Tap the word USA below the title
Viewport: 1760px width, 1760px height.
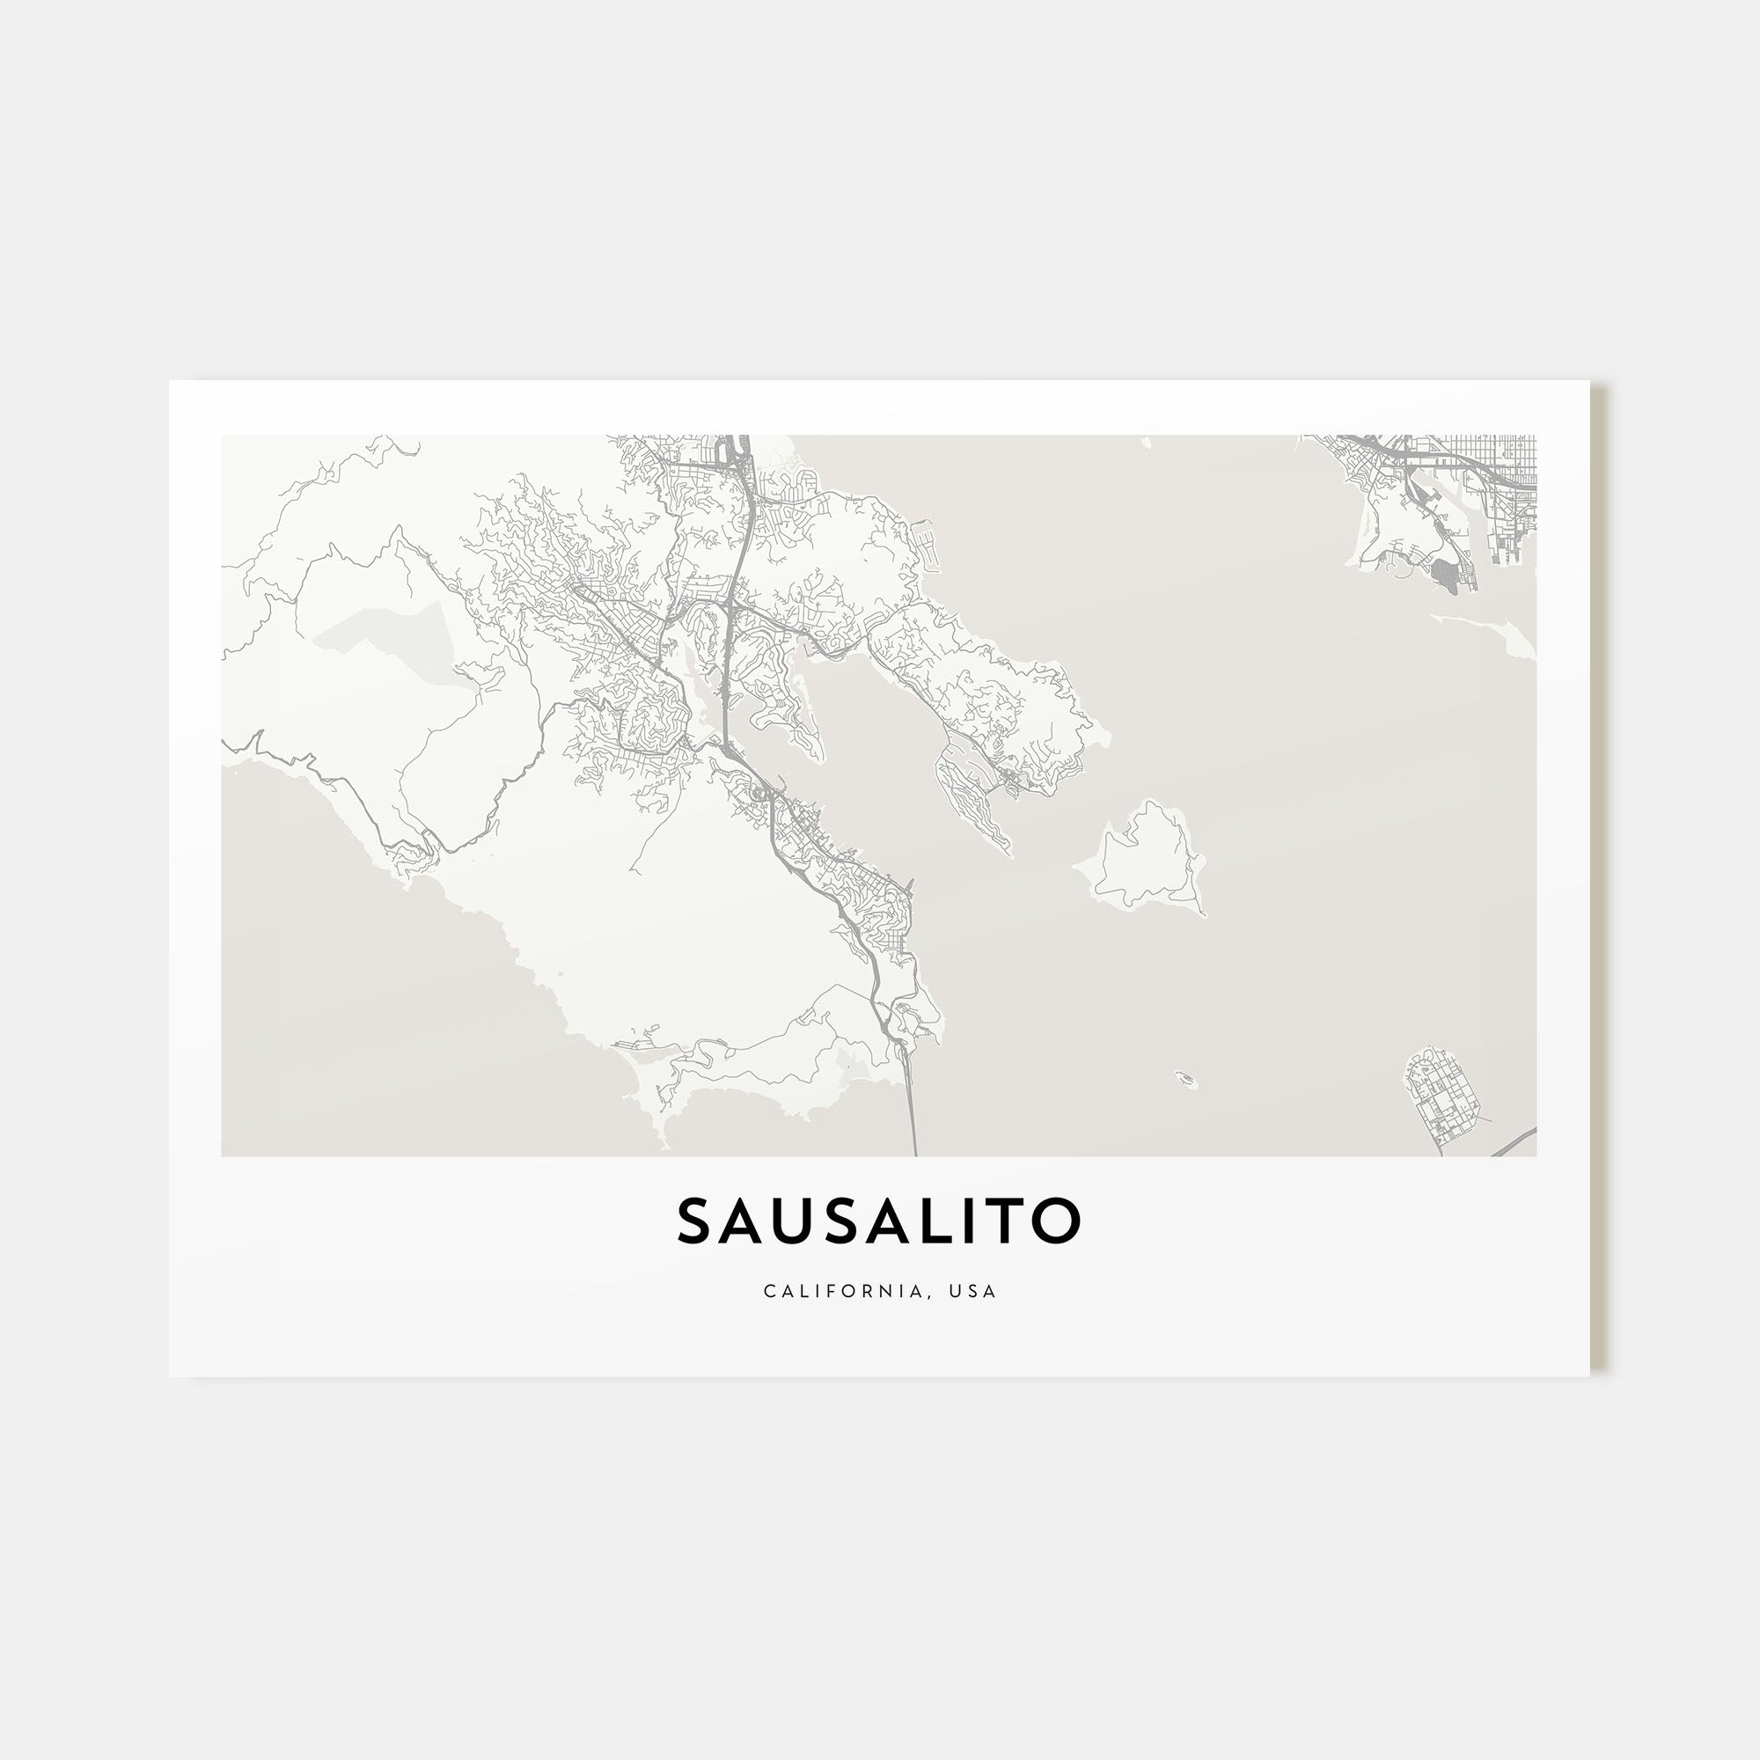coord(973,1292)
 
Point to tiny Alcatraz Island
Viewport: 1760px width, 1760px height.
coord(1185,1080)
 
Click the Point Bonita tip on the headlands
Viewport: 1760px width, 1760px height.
coord(664,1139)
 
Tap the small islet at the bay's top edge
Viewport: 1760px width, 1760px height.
coord(1147,444)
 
